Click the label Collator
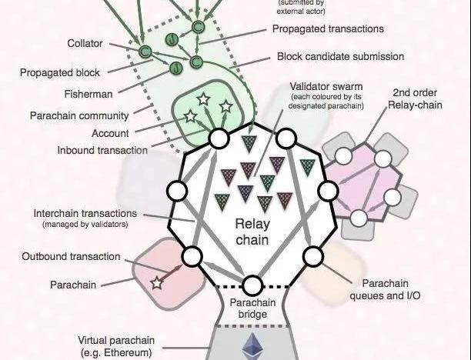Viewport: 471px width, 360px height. pyautogui.click(x=85, y=44)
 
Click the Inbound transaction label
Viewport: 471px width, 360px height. pyautogui.click(x=102, y=150)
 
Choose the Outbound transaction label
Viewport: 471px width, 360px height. pyautogui.click(x=71, y=256)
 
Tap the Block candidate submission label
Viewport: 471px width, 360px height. pyautogui.click(x=340, y=56)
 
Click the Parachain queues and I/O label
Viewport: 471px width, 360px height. pyautogui.click(x=385, y=288)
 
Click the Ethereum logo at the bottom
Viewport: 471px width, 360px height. pyautogui.click(x=252, y=347)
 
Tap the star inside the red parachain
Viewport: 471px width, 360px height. pyautogui.click(x=157, y=283)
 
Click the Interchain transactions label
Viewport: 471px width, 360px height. pyautogui.click(x=85, y=212)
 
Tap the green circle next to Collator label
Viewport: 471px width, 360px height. pyautogui.click(x=144, y=52)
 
